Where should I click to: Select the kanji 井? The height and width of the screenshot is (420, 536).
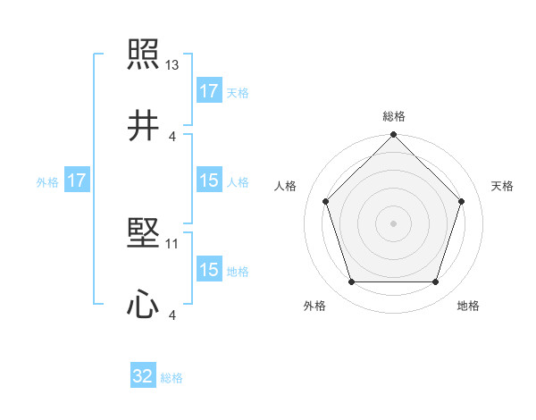(x=143, y=125)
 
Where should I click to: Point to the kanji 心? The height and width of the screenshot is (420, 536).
(x=143, y=304)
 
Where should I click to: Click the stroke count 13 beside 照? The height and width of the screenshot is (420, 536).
(x=172, y=65)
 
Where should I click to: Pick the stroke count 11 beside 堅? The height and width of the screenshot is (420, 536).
(x=172, y=243)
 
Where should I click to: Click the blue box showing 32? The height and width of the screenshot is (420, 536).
(x=143, y=376)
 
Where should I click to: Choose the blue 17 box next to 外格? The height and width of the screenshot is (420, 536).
(x=77, y=181)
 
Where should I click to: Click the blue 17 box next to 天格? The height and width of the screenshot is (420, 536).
(x=209, y=90)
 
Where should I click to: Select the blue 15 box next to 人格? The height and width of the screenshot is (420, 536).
(x=209, y=181)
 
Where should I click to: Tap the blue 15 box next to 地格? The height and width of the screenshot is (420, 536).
(x=209, y=270)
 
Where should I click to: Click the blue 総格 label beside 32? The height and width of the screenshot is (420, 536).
(x=172, y=378)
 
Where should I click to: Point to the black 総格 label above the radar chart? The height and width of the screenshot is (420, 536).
(x=393, y=116)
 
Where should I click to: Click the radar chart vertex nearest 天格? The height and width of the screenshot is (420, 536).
(x=461, y=201)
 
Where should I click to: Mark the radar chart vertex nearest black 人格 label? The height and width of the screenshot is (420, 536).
(x=325, y=201)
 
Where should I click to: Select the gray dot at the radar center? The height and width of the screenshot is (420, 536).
(x=393, y=223)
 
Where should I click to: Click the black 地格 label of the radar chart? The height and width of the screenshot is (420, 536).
(x=468, y=306)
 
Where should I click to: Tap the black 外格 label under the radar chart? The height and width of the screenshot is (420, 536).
(x=314, y=306)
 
